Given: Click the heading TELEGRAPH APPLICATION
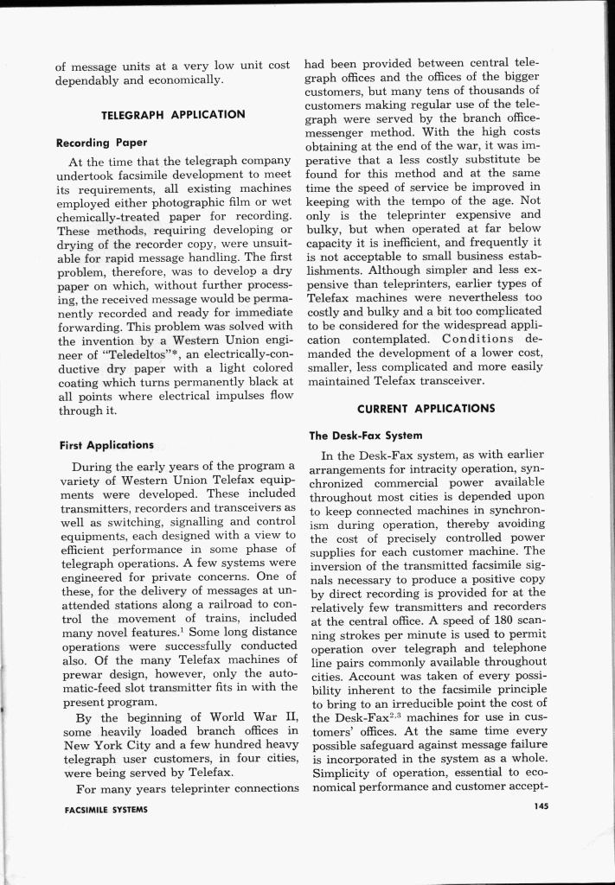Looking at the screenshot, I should pyautogui.click(x=173, y=114).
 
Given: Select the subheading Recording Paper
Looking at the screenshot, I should pyautogui.click(x=101, y=142).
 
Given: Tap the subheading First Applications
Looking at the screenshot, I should pyautogui.click(x=106, y=445).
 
